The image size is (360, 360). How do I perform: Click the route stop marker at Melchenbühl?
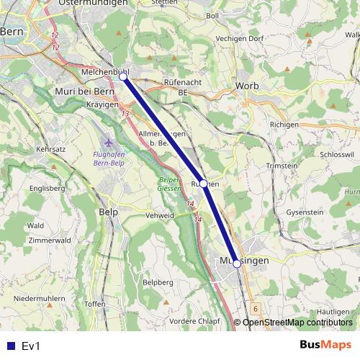pyautogui.click(x=123, y=76)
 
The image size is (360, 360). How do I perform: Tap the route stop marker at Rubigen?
pyautogui.click(x=204, y=184)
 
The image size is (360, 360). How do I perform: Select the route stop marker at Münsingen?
pyautogui.click(x=237, y=264)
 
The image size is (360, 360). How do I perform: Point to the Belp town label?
pyautogui.click(x=107, y=213)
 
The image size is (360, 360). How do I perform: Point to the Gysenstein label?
pyautogui.click(x=305, y=213)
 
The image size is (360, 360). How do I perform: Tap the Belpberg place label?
pyautogui.click(x=158, y=282)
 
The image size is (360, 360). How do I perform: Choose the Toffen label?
pyautogui.click(x=95, y=305)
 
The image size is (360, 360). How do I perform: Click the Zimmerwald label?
pyautogui.click(x=50, y=240)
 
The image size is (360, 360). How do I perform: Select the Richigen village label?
pyautogui.click(x=284, y=125)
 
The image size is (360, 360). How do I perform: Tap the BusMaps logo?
pyautogui.click(x=325, y=345)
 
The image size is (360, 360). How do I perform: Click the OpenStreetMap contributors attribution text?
pyautogui.click(x=297, y=323)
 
